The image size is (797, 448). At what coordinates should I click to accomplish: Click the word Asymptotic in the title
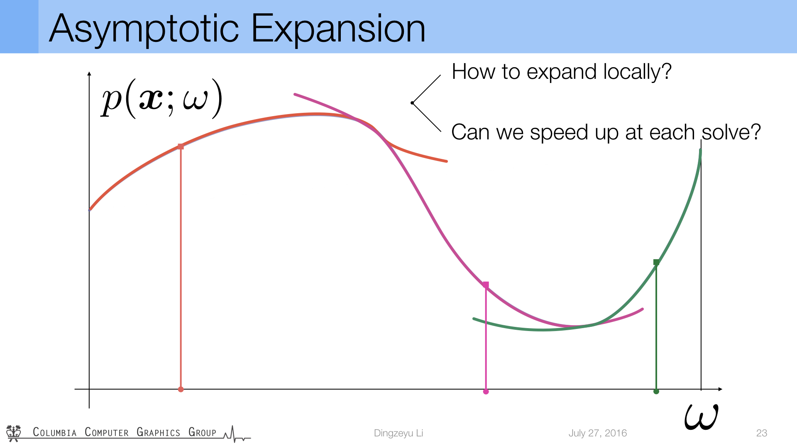[144, 29]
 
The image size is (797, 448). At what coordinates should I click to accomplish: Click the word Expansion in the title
[338, 29]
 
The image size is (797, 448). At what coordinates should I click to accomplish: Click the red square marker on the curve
[181, 146]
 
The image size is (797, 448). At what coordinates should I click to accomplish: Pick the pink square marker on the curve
[486, 285]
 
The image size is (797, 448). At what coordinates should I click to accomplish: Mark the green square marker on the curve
[656, 262]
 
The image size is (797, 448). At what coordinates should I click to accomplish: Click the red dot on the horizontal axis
[181, 389]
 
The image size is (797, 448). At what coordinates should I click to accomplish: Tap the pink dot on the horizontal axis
[486, 391]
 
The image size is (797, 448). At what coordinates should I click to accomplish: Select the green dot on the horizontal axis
[656, 391]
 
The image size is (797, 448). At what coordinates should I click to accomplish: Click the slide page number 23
[762, 433]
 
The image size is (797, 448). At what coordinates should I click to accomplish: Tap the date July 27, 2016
[598, 433]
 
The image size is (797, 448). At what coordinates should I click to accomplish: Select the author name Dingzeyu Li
[398, 433]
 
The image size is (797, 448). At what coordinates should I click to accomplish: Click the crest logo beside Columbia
[14, 433]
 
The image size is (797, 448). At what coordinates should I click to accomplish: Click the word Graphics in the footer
[159, 432]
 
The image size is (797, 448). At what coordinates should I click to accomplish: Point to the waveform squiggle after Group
[237, 434]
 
